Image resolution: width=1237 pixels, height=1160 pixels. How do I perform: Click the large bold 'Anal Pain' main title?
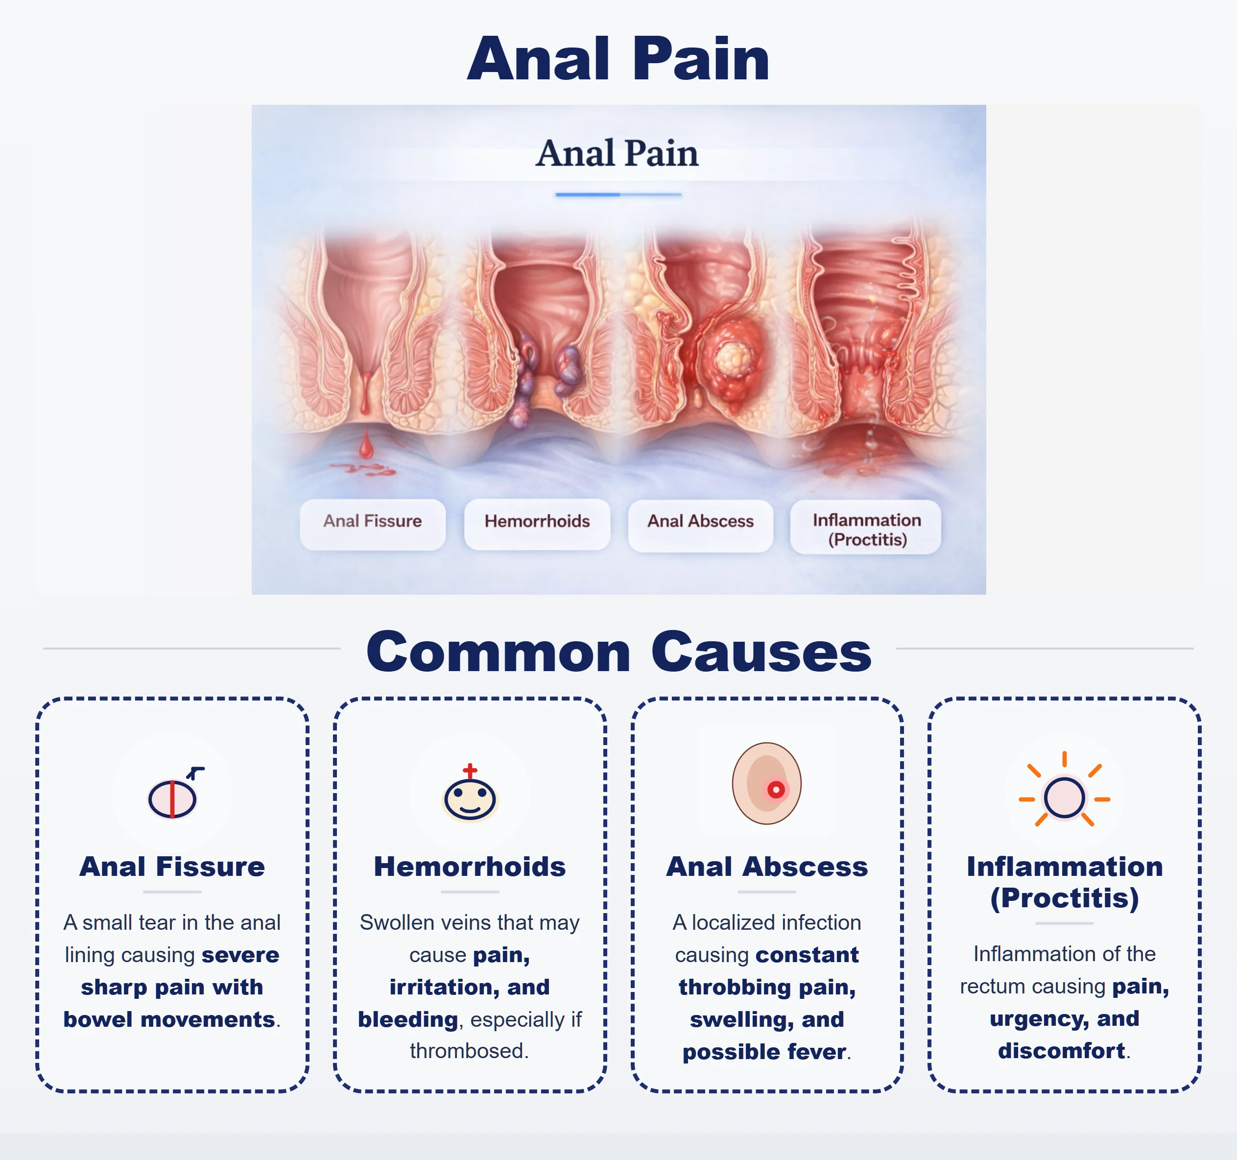click(618, 59)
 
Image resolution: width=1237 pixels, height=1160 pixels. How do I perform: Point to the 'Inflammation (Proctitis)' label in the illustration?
click(866, 529)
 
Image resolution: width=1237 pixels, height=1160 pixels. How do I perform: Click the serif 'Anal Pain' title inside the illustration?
click(617, 153)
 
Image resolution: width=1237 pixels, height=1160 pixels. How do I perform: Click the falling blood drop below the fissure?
click(366, 444)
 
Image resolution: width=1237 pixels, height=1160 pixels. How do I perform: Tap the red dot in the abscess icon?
click(775, 790)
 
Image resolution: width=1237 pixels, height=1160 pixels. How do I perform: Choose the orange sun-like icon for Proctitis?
click(1064, 797)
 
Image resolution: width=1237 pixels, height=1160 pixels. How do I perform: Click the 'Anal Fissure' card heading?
click(172, 866)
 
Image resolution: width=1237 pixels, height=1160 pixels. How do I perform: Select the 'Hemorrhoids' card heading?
click(470, 866)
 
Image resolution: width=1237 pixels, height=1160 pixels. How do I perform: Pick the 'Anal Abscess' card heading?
click(766, 866)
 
